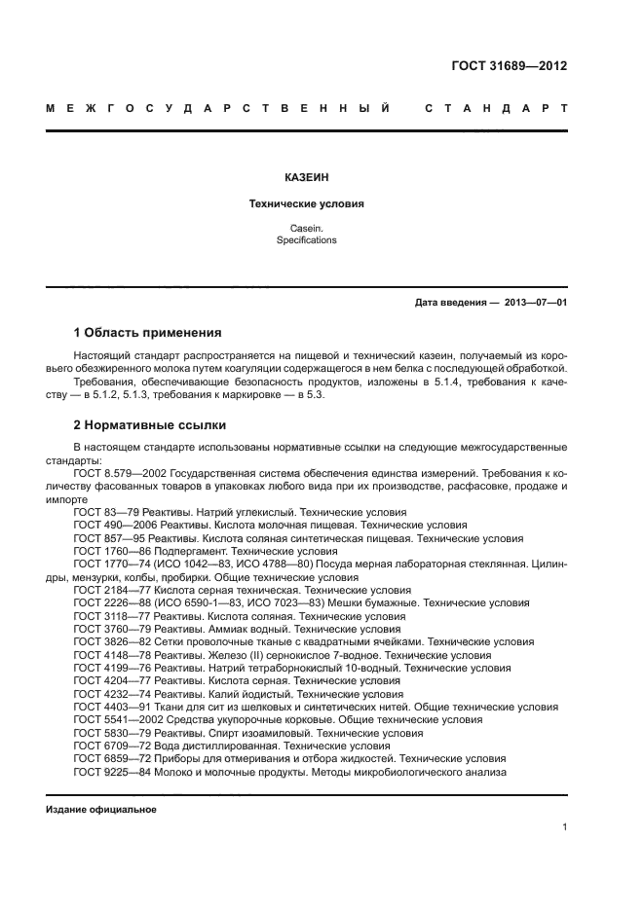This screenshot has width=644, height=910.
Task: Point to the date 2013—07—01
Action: pyautogui.click(x=535, y=303)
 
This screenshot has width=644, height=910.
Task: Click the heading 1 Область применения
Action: pyautogui.click(x=147, y=332)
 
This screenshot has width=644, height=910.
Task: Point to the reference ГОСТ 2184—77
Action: pyautogui.click(x=106, y=590)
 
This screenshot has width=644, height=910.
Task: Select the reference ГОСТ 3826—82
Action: pyautogui.click(x=106, y=642)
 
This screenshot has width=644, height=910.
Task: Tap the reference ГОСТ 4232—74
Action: pyautogui.click(x=106, y=695)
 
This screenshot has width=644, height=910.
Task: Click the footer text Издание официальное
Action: pyautogui.click(x=101, y=810)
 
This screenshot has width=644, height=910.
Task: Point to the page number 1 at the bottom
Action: pyautogui.click(x=564, y=828)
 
